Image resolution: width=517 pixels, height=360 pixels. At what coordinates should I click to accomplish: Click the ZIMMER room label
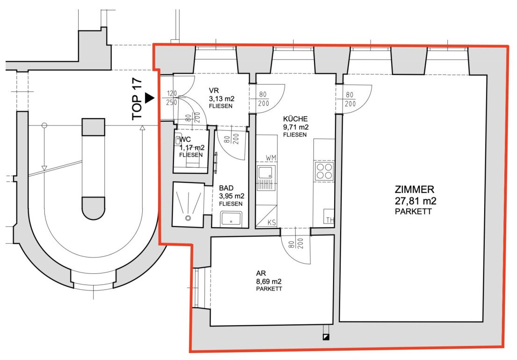pyautogui.click(x=415, y=190)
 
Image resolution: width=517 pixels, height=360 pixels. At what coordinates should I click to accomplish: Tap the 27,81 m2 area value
pyautogui.click(x=415, y=201)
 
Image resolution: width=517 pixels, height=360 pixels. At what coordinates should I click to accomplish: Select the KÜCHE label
pyautogui.click(x=295, y=119)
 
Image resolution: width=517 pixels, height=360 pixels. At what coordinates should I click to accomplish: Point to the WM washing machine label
pyautogui.click(x=271, y=158)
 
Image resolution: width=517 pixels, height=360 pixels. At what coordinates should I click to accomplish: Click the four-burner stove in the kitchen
pyautogui.click(x=324, y=171)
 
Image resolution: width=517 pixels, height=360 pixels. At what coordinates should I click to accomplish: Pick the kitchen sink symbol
pyautogui.click(x=266, y=178)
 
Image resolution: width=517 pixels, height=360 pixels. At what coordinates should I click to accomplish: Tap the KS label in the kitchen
pyautogui.click(x=272, y=223)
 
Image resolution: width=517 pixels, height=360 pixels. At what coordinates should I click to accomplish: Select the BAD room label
pyautogui.click(x=226, y=188)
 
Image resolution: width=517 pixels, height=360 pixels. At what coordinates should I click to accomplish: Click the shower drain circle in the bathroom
pyautogui.click(x=188, y=218)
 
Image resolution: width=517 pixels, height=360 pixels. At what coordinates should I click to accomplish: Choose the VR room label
pyautogui.click(x=214, y=90)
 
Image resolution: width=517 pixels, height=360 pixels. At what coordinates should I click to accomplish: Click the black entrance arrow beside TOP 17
pyautogui.click(x=150, y=98)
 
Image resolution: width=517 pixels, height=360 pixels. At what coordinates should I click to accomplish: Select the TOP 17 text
pyautogui.click(x=137, y=99)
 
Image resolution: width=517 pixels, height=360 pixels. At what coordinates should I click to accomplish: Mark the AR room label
pyautogui.click(x=261, y=273)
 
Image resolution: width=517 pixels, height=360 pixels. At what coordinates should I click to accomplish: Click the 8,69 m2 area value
pyautogui.click(x=269, y=282)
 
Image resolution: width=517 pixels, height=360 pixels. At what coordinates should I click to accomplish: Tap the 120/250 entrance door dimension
pyautogui.click(x=172, y=98)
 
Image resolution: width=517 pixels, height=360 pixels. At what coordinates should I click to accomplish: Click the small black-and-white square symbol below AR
pyautogui.click(x=326, y=337)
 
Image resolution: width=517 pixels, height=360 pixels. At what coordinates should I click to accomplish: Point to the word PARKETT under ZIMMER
pyautogui.click(x=413, y=212)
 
